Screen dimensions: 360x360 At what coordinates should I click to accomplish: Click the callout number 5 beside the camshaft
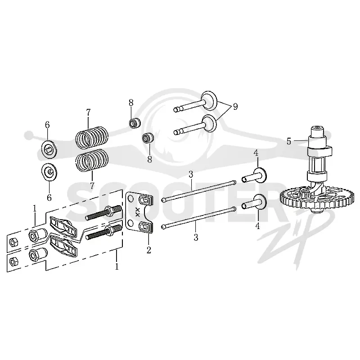pos(288,141)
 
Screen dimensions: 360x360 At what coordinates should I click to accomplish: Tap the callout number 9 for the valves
pos(235,107)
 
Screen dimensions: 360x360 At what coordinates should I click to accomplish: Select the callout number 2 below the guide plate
pos(149,250)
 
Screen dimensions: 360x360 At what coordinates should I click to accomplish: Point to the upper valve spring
pos(92,137)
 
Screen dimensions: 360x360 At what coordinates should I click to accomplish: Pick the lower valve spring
pos(92,160)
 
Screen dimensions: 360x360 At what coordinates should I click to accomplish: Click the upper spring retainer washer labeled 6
pos(49,149)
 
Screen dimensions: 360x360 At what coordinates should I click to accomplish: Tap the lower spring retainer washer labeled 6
pos(49,172)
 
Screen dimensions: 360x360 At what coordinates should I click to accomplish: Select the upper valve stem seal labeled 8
pos(135,123)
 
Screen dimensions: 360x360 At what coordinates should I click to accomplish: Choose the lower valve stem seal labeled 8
pos(148,139)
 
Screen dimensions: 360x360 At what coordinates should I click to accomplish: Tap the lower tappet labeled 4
pos(254,202)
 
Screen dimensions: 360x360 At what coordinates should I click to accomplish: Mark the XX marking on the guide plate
pos(138,212)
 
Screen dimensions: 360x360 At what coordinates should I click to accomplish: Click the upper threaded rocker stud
pos(103,212)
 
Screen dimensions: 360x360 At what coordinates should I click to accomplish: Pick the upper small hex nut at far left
pos(12,242)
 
